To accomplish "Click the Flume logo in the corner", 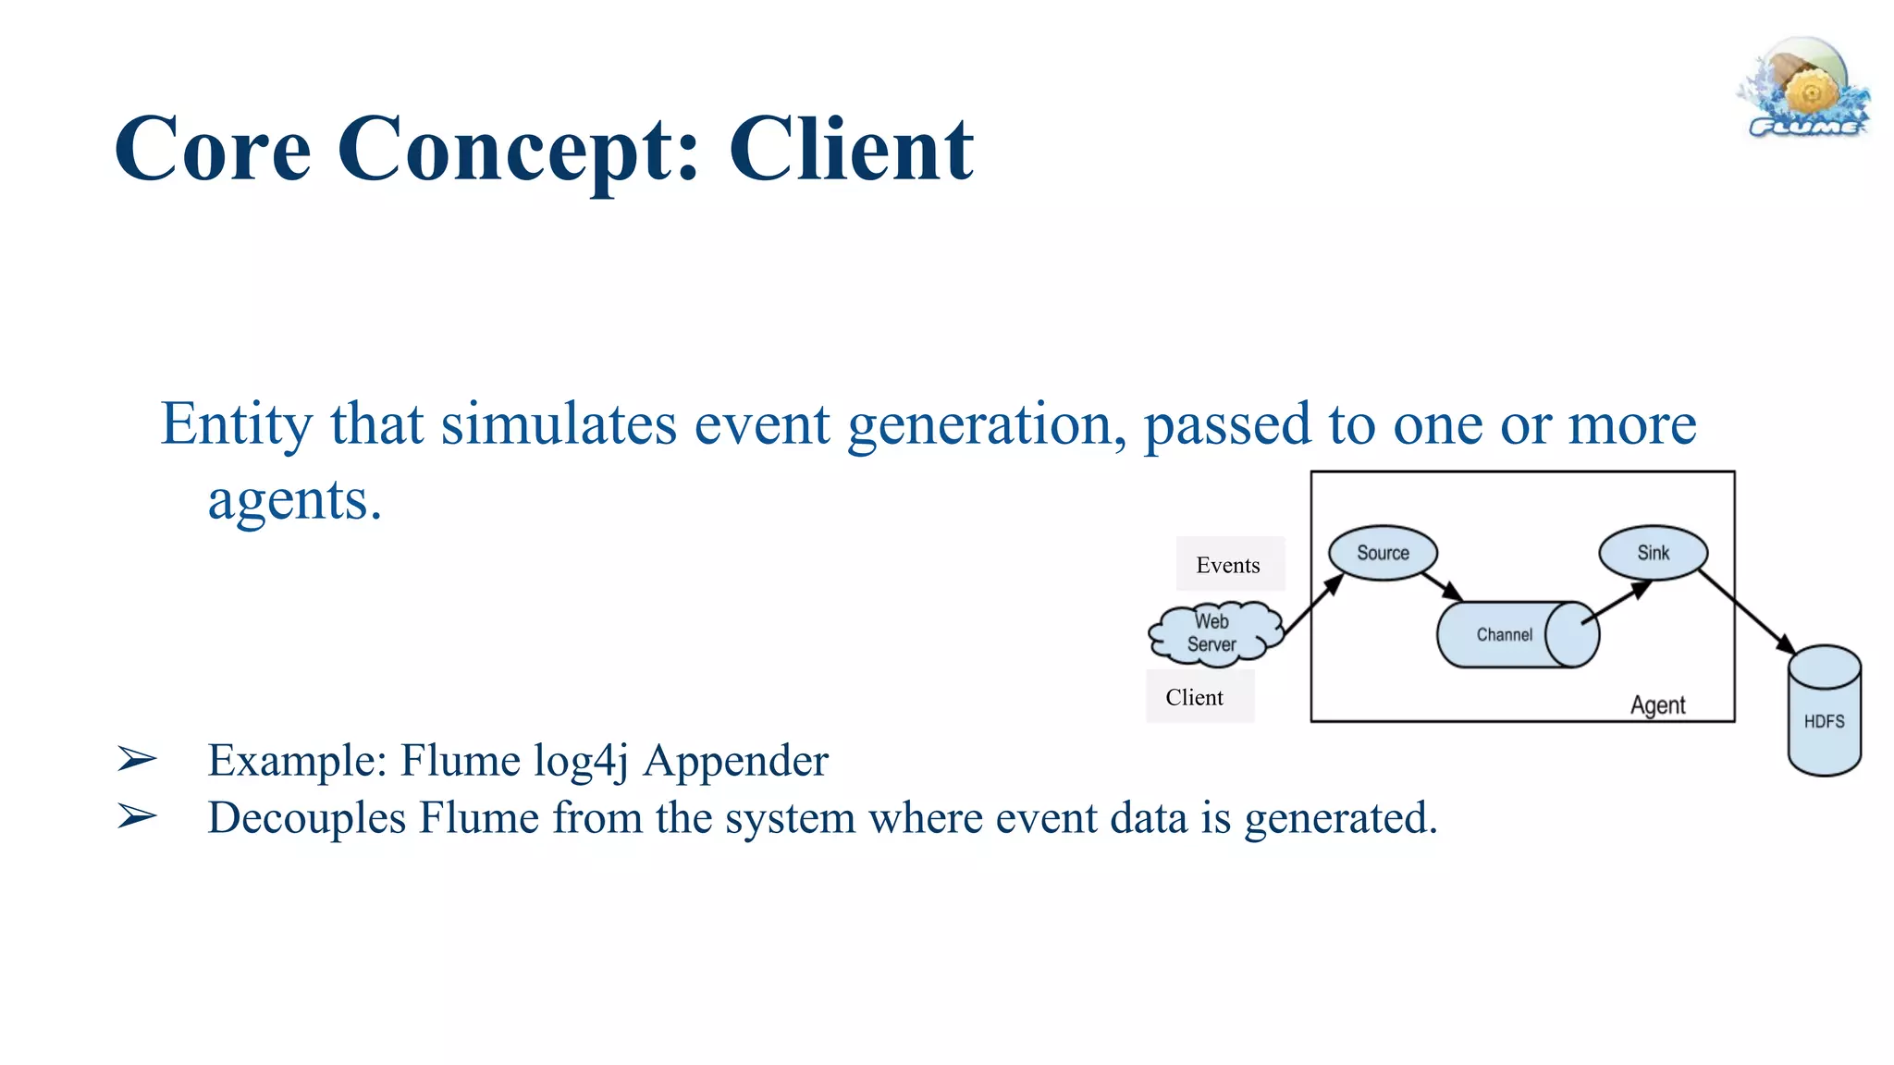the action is pos(1805,90).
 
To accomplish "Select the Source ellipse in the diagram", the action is pos(1383,553).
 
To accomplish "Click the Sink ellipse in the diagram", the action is pos(1653,553).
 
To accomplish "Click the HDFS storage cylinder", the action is pos(1824,712).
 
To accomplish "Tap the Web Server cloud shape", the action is pos(1212,633).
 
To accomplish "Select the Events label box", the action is pos(1229,564).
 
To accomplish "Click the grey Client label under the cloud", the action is pos(1199,697).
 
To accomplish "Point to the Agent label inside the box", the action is pos(1657,705).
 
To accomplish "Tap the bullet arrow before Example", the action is pos(137,760).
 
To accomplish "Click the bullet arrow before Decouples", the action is pos(137,817).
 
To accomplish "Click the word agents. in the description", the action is pos(294,500).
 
